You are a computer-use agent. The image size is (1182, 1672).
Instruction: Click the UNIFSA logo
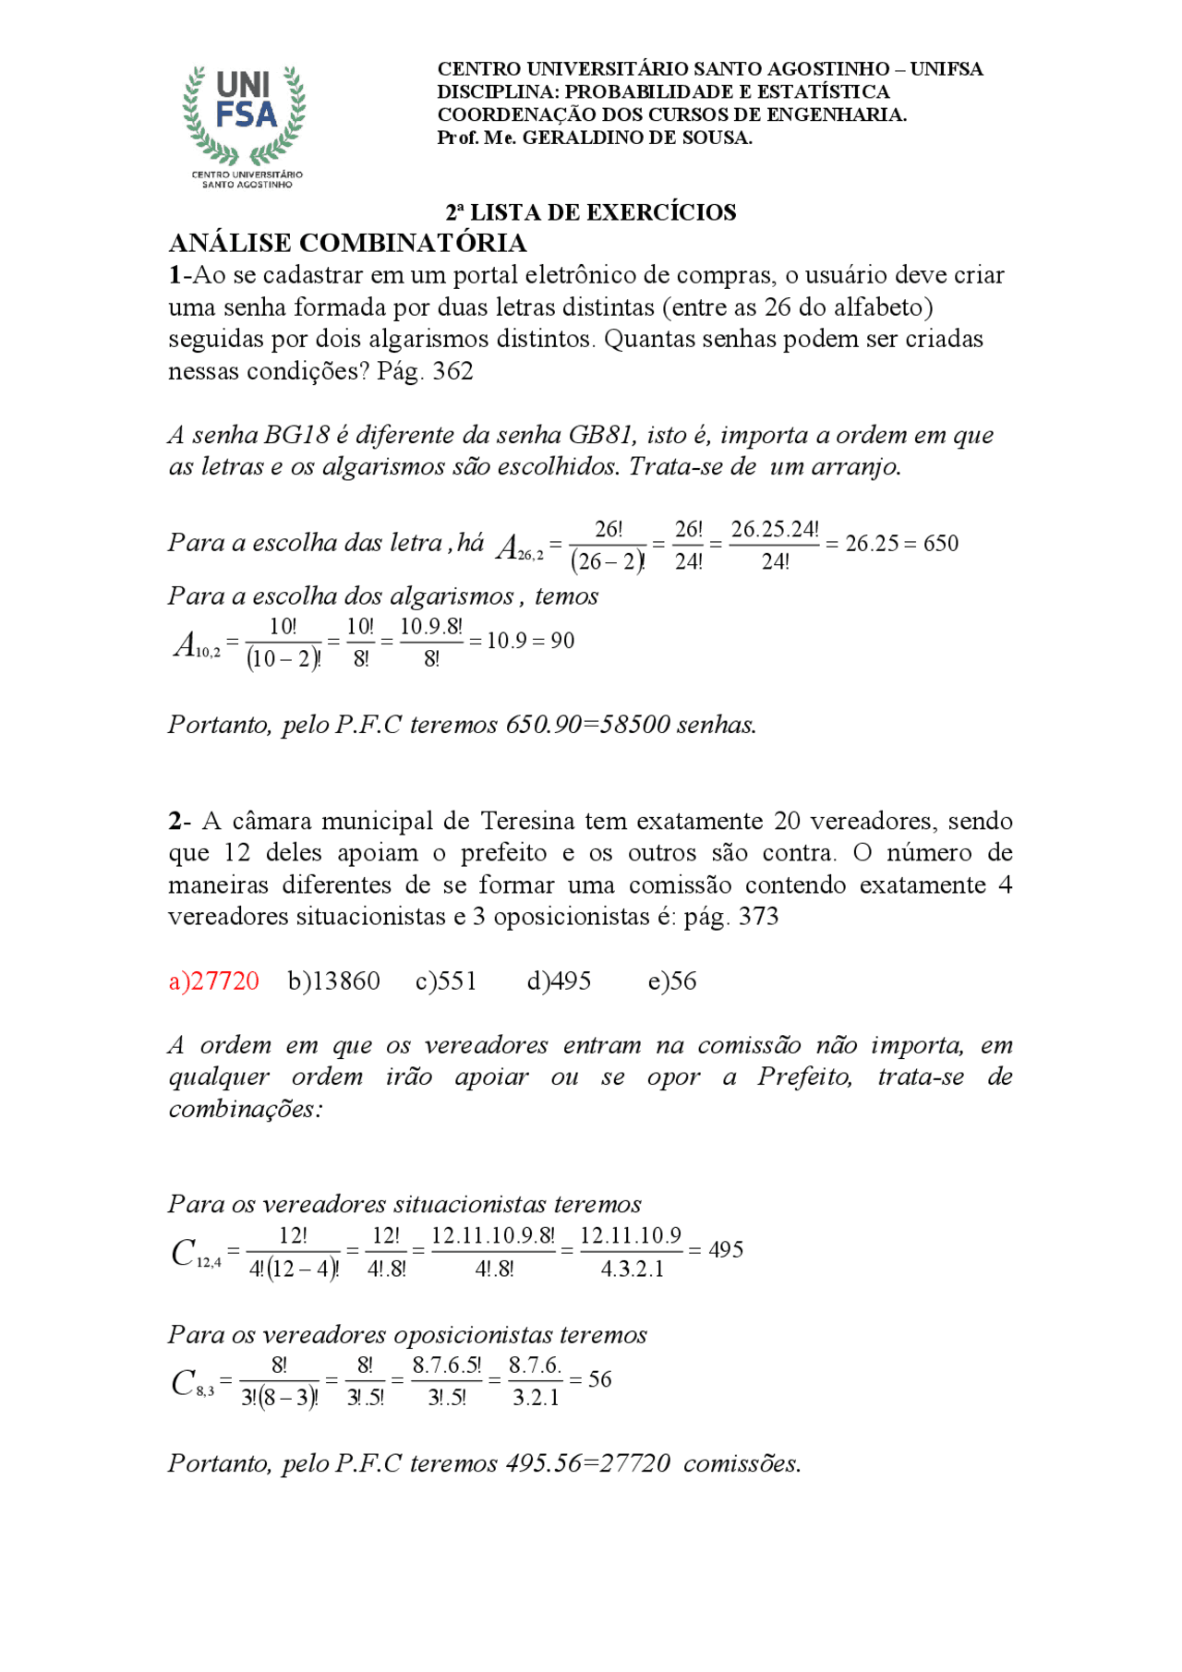coord(245,125)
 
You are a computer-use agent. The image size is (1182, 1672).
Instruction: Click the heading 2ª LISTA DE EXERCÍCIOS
coord(591,212)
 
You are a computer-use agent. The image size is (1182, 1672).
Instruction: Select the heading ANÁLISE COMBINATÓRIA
coord(347,243)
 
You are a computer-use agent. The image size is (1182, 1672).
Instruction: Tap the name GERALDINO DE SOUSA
coord(637,138)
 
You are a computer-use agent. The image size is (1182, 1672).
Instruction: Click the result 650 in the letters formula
coord(940,543)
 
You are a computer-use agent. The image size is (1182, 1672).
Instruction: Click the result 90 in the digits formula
coord(562,641)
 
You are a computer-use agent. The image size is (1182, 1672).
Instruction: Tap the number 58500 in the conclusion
coord(634,725)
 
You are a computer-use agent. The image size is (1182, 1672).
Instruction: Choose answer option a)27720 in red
coord(213,980)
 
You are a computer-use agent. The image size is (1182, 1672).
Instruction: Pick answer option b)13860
coord(333,980)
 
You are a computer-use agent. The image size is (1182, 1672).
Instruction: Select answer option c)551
coord(446,980)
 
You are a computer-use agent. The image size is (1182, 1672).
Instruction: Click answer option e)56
coord(671,980)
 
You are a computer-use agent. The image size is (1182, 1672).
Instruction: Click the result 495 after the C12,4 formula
coord(726,1250)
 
